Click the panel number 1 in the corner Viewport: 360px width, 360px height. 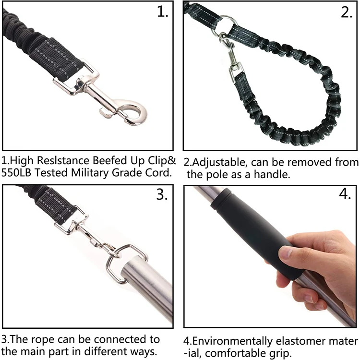(163, 13)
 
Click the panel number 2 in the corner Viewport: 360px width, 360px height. (347, 13)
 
